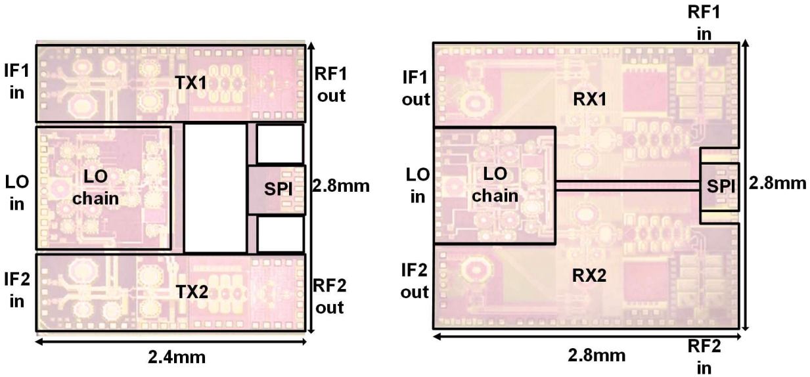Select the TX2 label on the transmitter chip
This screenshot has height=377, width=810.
(x=192, y=292)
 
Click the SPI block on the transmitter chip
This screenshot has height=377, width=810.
(x=276, y=190)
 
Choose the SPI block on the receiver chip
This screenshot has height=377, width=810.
(x=720, y=187)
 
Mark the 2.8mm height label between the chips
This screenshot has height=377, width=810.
(x=342, y=186)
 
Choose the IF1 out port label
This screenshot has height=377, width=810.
(x=415, y=89)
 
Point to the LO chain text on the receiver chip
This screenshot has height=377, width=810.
(x=496, y=185)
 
